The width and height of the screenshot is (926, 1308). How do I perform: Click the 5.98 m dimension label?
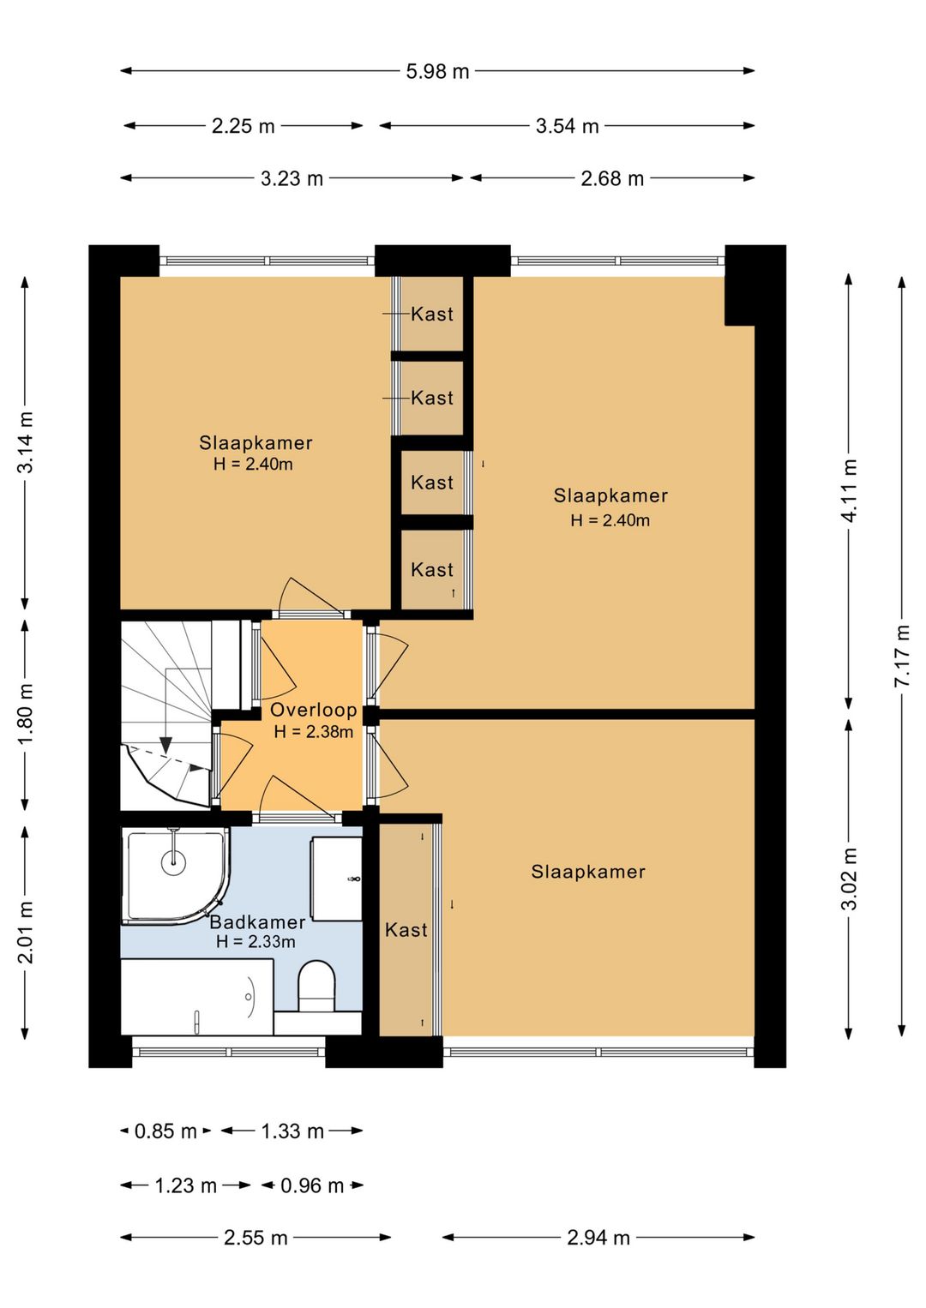pos(437,71)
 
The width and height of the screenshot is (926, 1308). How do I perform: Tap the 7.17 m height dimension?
pos(902,656)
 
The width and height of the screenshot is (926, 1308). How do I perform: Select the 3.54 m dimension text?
pos(568,125)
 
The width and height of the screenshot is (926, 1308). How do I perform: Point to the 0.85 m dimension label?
pos(165,1131)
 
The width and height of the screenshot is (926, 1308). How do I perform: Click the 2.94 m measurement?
pos(598,1238)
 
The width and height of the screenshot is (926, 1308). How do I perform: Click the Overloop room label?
pos(314,710)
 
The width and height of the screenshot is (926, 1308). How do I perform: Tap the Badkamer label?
pos(257,922)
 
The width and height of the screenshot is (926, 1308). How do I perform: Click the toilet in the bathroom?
pos(316,986)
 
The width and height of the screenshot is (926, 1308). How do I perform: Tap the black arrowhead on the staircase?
pos(166,745)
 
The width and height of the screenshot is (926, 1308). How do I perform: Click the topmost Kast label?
pos(432,315)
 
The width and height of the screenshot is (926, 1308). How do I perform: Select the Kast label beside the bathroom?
pos(406,930)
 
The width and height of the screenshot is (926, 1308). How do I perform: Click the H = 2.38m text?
pos(314,732)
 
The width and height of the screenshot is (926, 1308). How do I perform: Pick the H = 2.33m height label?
pos(256,942)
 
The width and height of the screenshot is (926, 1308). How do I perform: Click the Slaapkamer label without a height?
pos(588,872)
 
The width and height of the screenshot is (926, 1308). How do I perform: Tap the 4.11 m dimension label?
pos(850,491)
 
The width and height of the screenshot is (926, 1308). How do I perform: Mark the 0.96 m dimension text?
pos(312,1185)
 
